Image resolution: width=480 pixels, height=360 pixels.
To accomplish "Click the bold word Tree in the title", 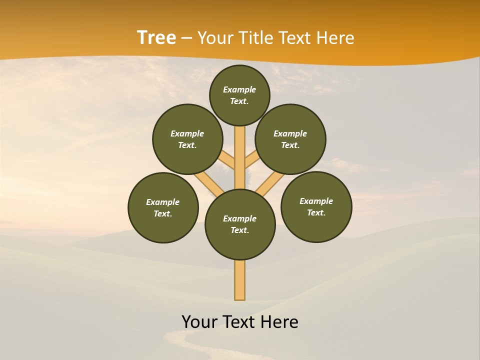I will [156, 38].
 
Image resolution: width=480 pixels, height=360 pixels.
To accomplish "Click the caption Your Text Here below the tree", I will [240, 322].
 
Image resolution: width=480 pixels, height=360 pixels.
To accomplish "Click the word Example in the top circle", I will [239, 89].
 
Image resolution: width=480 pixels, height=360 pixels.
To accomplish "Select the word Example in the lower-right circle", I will [316, 201].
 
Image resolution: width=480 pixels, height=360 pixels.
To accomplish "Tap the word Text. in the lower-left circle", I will [162, 213].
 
